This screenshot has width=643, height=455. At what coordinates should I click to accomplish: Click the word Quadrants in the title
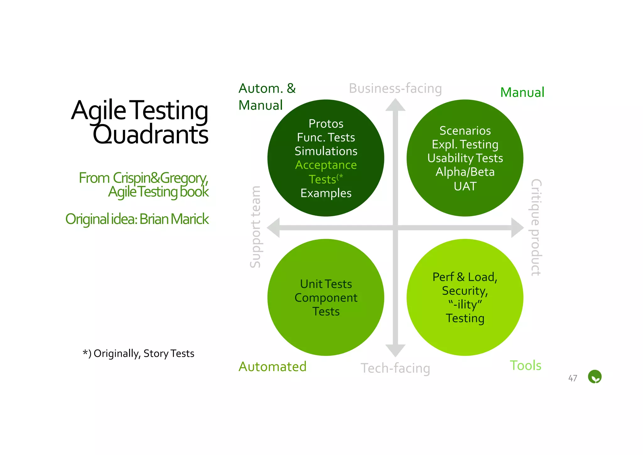coord(150,135)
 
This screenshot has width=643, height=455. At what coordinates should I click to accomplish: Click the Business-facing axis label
coord(395,88)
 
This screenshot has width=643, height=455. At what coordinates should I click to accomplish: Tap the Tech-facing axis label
coord(395,368)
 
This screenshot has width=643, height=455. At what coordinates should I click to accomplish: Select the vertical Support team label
coord(255,227)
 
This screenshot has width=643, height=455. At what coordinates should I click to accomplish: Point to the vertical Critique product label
coord(536,228)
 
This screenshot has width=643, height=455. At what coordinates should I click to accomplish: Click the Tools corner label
coord(526,365)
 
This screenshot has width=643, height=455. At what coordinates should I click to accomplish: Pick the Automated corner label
coord(272,367)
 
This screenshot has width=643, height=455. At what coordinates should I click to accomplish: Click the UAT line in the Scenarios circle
coord(465,186)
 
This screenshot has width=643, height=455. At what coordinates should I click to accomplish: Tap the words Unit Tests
coord(326,284)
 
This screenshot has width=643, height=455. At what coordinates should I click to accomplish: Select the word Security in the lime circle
coord(464,291)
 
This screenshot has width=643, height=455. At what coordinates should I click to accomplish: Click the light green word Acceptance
coord(326,165)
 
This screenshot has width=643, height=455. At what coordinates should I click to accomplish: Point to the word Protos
coord(326,124)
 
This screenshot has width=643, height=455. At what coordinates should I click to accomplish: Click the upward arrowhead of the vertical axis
coord(395,106)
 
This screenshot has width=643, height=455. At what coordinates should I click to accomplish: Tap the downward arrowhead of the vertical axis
coord(395,350)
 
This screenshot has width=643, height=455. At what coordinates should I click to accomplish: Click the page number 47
coord(573,378)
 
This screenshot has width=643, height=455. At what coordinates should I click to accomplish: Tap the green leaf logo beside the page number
coord(595,377)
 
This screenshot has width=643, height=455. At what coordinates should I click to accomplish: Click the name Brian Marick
coord(174,219)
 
